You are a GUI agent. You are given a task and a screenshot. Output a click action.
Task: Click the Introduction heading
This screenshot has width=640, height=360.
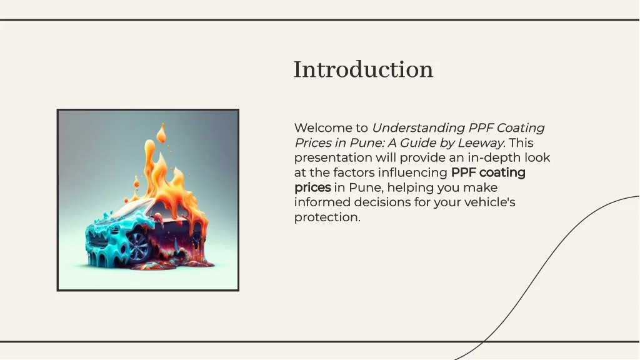363,69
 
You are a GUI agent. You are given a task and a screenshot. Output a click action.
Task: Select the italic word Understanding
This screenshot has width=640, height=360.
418,128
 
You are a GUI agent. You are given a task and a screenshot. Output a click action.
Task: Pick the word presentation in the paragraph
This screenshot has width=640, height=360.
333,158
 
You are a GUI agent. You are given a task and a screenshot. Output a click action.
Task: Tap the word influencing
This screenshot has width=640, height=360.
412,172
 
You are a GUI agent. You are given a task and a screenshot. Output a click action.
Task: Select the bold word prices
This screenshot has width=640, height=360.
312,187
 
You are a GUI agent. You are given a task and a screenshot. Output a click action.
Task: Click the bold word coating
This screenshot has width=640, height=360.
502,172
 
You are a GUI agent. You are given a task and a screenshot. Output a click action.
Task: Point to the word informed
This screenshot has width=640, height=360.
322,202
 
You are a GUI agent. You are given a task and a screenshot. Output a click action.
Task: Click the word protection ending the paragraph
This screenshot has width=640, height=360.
327,217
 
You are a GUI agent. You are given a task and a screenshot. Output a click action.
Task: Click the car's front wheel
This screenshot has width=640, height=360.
138,247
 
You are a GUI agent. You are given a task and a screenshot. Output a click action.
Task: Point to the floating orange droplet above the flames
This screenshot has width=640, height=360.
162,134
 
